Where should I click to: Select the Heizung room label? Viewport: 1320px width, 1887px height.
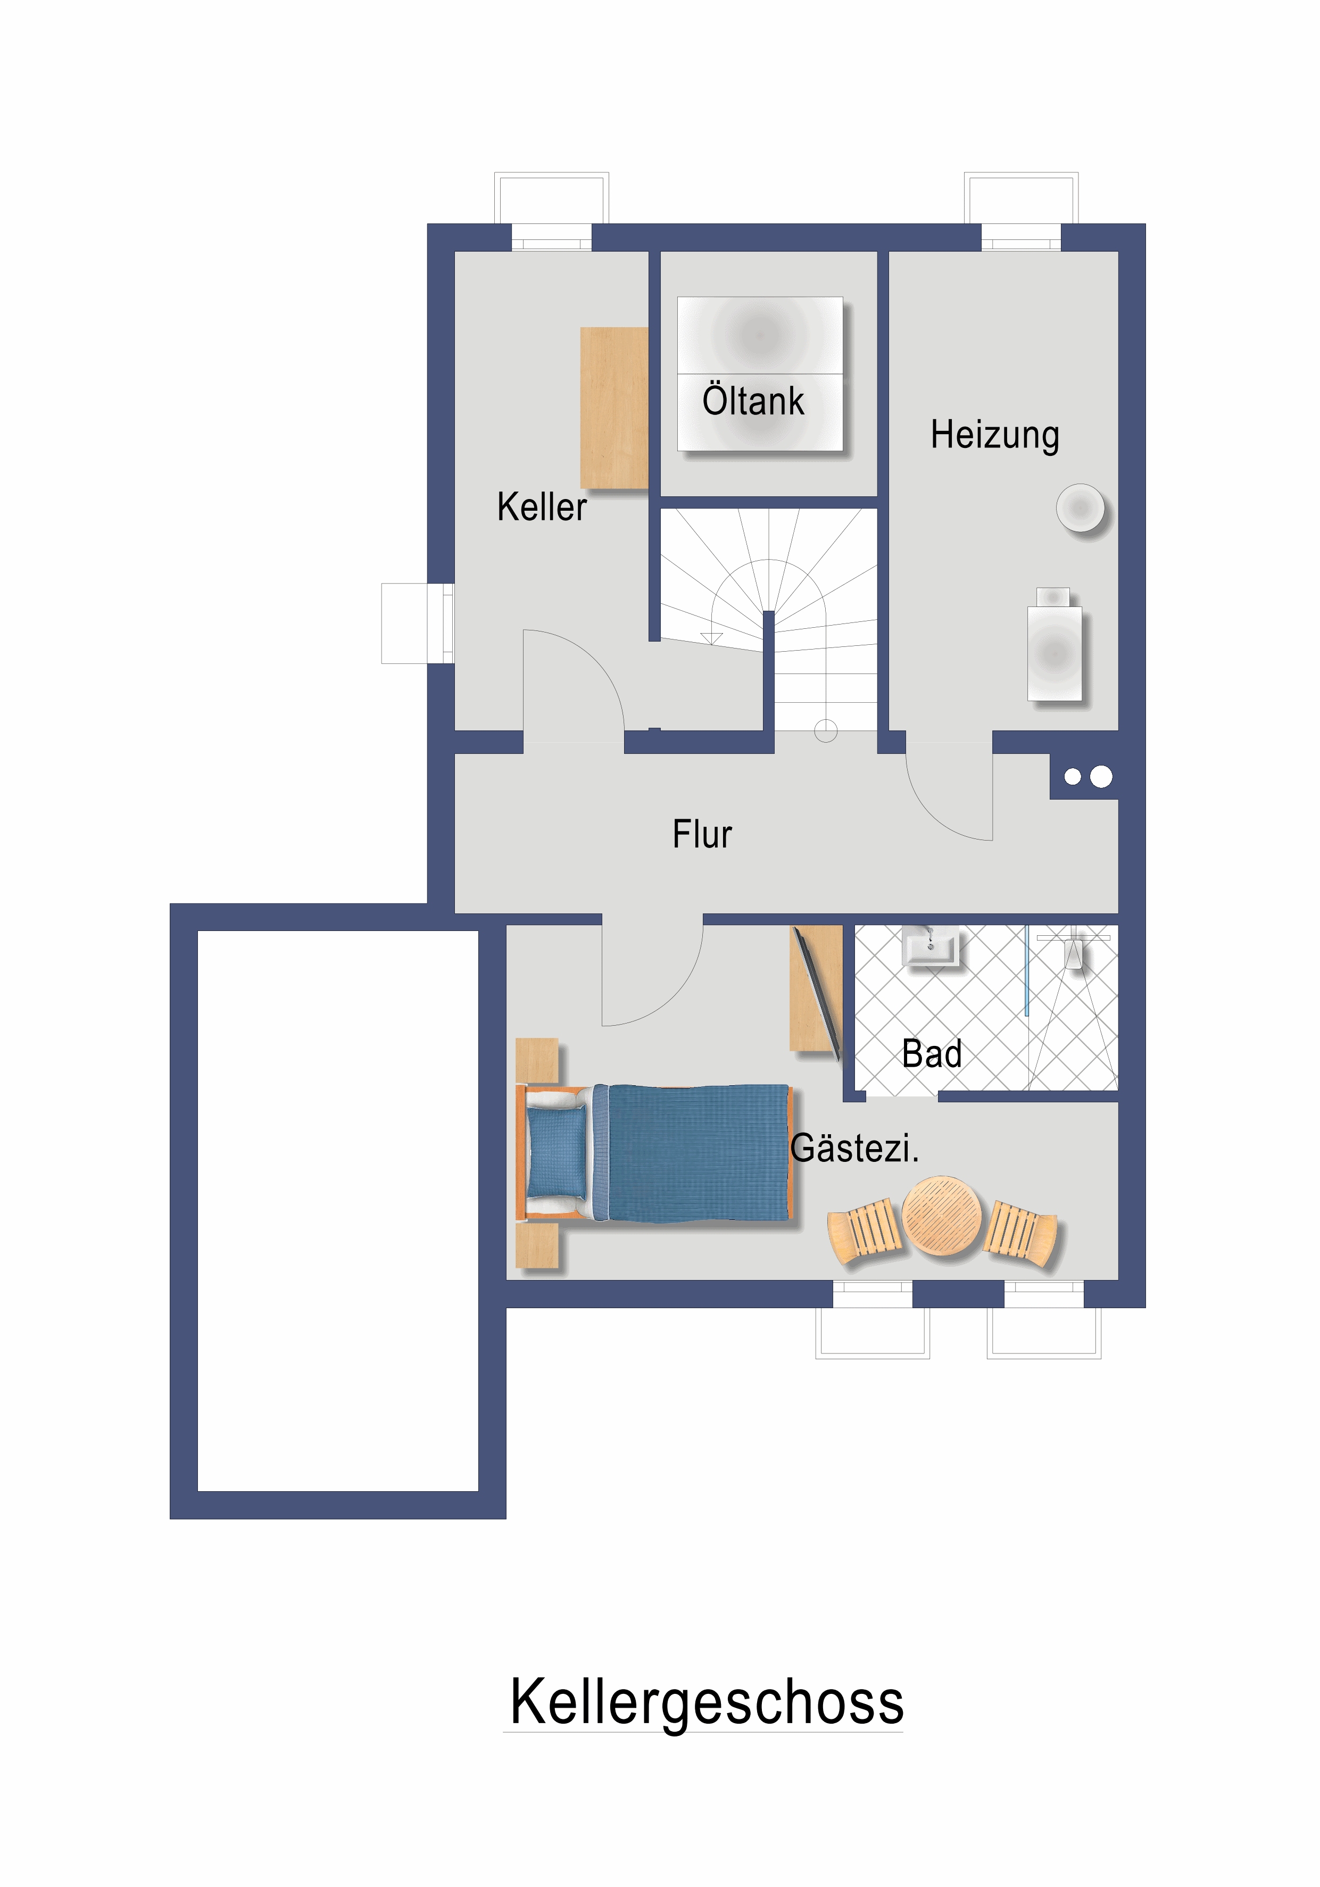coord(994,435)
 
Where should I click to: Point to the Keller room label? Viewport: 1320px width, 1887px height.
coord(542,506)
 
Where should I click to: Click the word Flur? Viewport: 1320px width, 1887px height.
coord(702,834)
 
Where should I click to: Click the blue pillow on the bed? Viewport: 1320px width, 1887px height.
coord(557,1152)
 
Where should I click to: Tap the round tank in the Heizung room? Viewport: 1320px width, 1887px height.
coord(1080,508)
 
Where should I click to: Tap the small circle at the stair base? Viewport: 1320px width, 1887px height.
coord(825,730)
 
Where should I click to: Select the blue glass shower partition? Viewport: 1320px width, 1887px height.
coord(1026,970)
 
